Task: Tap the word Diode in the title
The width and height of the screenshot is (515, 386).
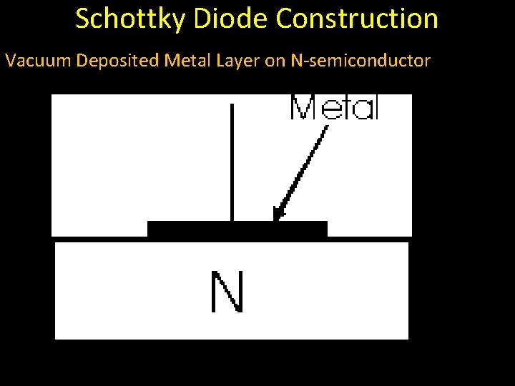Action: pyautogui.click(x=227, y=19)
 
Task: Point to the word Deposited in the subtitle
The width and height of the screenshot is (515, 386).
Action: pyautogui.click(x=117, y=61)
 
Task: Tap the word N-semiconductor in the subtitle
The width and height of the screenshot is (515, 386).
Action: pyautogui.click(x=360, y=61)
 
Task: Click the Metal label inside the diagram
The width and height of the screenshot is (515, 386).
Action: pyautogui.click(x=333, y=108)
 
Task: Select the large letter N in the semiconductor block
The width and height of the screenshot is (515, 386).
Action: pyautogui.click(x=227, y=292)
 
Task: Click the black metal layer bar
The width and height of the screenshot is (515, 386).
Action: pyautogui.click(x=237, y=229)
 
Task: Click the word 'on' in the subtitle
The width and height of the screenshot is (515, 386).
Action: pyautogui.click(x=275, y=61)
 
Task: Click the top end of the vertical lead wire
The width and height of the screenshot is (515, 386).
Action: pyautogui.click(x=232, y=106)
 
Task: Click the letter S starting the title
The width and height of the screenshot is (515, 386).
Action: pyautogui.click(x=83, y=19)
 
